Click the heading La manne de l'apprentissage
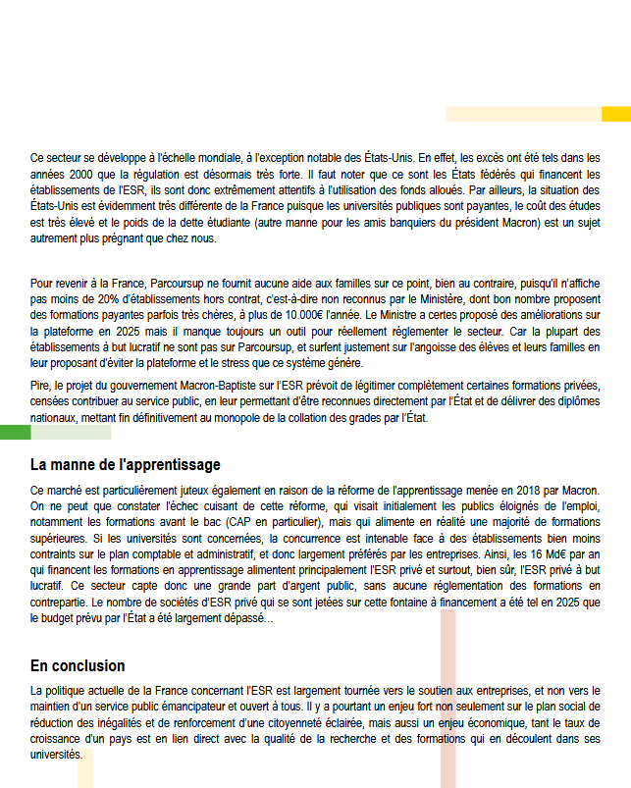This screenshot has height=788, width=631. tap(125, 464)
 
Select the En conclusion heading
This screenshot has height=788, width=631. tap(78, 665)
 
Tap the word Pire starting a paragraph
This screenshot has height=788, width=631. tap(42, 386)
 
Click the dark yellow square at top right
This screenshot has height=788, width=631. tap(615, 113)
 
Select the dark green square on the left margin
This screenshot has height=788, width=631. tap(15, 433)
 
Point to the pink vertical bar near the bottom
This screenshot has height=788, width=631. tap(447, 697)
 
